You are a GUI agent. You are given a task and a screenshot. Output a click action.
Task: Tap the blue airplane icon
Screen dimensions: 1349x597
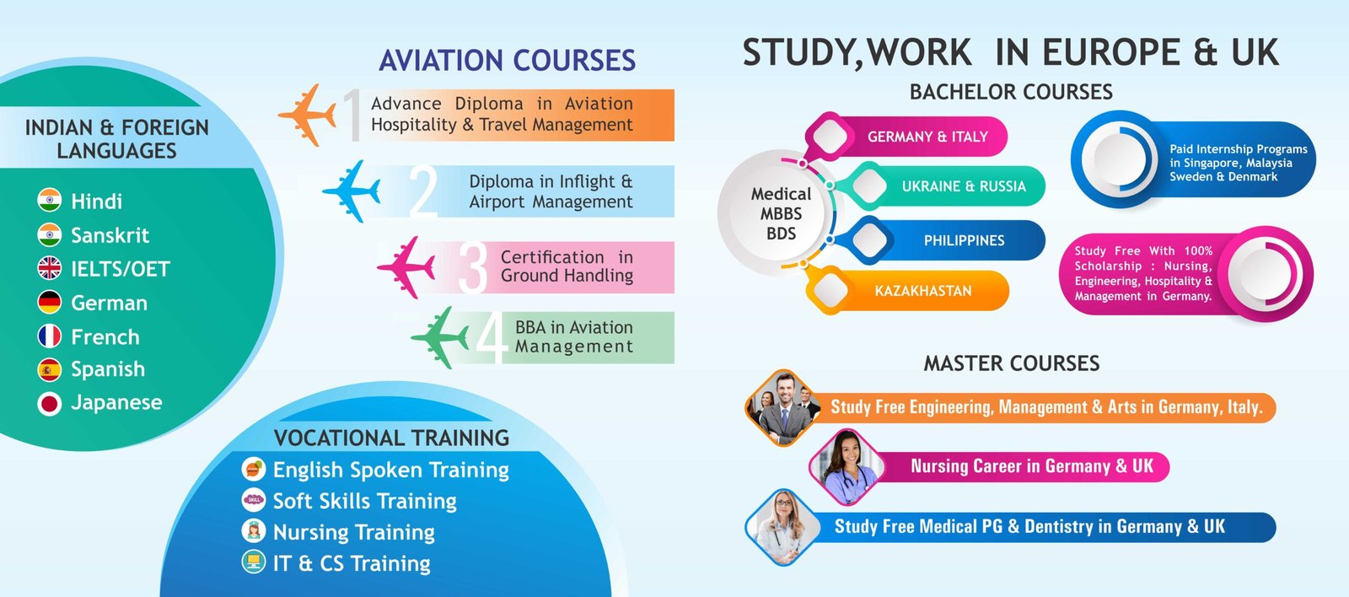[352, 191]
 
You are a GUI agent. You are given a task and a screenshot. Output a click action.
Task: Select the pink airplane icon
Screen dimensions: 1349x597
[406, 266]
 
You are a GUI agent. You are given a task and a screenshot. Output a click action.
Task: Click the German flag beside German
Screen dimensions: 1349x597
[50, 303]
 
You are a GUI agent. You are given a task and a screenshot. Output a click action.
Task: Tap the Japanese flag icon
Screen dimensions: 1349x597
[50, 404]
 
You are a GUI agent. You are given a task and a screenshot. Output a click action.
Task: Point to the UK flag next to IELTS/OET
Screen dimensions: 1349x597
[50, 268]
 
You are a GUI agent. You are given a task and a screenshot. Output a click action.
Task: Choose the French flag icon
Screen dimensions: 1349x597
[50, 336]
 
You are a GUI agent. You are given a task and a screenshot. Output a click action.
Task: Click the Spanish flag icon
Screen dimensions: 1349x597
[50, 370]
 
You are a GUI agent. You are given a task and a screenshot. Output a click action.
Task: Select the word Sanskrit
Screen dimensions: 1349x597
[110, 235]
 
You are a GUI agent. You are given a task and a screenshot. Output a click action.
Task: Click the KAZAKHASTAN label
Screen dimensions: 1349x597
[923, 291]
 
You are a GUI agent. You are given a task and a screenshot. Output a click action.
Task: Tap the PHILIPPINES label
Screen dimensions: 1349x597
[965, 240]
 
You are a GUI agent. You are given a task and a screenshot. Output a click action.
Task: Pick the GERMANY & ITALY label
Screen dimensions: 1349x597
[927, 137]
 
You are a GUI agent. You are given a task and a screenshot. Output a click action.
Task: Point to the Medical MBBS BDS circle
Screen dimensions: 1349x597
[781, 213]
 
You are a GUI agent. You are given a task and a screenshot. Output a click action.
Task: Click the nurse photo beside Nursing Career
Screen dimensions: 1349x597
[848, 467]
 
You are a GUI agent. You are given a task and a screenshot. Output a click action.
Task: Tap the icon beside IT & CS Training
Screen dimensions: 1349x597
[254, 562]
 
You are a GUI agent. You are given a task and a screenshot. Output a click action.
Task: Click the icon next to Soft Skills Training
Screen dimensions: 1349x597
[254, 499]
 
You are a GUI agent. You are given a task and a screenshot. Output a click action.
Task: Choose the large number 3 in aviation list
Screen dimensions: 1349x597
[473, 267]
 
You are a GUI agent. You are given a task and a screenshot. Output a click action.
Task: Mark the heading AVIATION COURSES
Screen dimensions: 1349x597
[507, 60]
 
